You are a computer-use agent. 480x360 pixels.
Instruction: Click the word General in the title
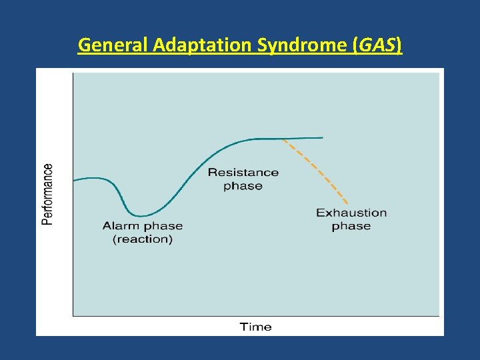[x=113, y=45]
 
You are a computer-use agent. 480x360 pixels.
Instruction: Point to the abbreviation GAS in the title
[x=378, y=45]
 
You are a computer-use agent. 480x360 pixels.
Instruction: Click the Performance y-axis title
[x=47, y=194]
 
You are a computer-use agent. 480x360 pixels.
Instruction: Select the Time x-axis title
[x=255, y=327]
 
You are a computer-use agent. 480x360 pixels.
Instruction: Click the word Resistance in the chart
[x=243, y=172]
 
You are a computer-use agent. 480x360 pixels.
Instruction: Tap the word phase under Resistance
[x=243, y=186]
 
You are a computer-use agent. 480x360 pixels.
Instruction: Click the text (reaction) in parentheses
[x=143, y=239]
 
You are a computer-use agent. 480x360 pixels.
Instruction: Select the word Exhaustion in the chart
[x=351, y=213]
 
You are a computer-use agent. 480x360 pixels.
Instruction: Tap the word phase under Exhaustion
[x=351, y=227]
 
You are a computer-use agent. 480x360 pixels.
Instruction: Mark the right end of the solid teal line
[x=322, y=137]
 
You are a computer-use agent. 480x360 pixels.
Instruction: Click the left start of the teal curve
[x=74, y=180]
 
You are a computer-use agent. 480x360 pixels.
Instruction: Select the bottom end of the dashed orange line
[x=347, y=203]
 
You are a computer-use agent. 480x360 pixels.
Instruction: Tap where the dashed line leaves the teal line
[x=284, y=139]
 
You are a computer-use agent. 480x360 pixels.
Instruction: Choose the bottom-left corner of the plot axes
[x=73, y=315]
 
